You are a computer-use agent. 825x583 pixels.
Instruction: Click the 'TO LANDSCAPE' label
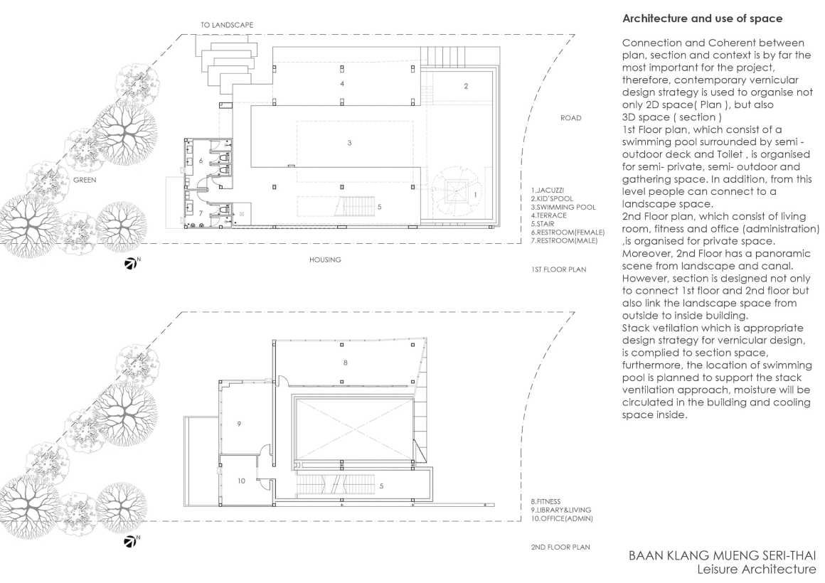point(226,25)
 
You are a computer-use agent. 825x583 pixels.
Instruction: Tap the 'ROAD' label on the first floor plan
point(571,118)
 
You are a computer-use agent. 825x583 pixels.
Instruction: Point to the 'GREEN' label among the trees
point(85,180)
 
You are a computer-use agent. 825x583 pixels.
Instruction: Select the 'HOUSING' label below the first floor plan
point(325,260)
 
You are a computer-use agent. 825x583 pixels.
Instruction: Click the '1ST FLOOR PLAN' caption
point(558,269)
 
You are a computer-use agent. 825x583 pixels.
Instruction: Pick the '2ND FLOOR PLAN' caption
point(560,547)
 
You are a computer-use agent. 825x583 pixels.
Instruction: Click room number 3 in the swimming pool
point(349,143)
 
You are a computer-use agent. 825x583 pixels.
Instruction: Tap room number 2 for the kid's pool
point(466,86)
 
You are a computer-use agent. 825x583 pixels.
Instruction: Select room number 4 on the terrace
point(342,84)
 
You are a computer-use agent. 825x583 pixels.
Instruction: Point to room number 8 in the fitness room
point(345,363)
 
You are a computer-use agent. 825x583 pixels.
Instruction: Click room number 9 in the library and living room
point(239,424)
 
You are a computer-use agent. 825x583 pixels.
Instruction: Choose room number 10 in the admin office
point(241,481)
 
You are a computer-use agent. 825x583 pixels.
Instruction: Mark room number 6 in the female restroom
point(201,161)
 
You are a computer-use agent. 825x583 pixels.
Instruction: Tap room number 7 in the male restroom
point(201,213)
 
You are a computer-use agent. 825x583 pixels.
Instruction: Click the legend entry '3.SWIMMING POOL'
point(563,208)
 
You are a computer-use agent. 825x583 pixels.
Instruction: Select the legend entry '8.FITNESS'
point(545,502)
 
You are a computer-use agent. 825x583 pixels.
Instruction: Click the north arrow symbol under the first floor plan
point(131,263)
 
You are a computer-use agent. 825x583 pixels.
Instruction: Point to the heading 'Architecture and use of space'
point(703,18)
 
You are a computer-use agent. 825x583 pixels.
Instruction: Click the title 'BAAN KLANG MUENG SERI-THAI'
point(723,555)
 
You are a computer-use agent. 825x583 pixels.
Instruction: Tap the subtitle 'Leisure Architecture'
point(757,569)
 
